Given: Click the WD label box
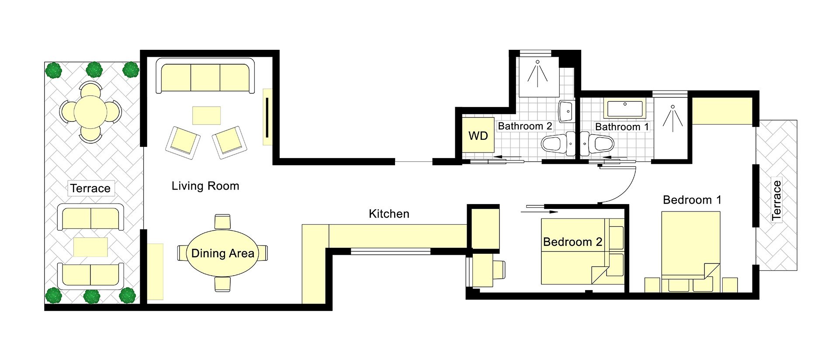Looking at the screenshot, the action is coord(478,135).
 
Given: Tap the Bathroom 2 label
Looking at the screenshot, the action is coord(525,126).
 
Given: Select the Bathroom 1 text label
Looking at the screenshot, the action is coord(622,127).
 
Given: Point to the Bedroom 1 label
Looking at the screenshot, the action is coord(692,200).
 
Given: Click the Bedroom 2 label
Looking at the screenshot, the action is coord(572,242).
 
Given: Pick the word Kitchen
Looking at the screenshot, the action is coord(389,214).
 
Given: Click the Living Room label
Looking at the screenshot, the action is coord(205,186).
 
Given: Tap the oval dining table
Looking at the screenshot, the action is coord(222,253).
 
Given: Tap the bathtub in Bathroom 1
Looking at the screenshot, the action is coord(624,109).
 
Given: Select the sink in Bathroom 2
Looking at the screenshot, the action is coord(567,111).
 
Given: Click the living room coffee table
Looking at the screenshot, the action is coord(207,115).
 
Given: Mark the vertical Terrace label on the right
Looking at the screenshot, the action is coord(777,200).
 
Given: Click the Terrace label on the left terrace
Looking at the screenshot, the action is coord(90,188).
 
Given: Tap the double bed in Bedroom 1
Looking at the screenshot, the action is coord(691,252).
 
